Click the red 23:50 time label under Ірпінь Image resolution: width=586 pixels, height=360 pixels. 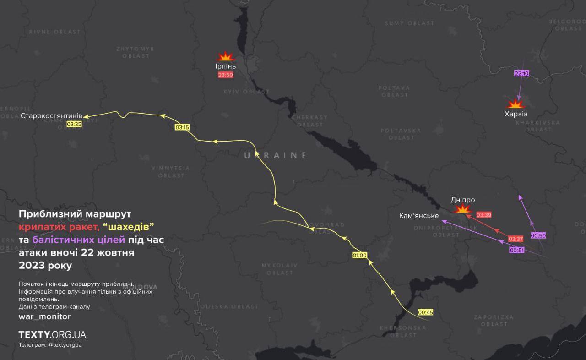point(225,75)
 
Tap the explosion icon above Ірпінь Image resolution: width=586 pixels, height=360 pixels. point(225,57)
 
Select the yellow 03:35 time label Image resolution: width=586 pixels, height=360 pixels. point(74,124)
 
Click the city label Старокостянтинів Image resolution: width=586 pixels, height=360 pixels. point(51,116)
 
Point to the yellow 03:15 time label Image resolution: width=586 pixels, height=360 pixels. point(182,127)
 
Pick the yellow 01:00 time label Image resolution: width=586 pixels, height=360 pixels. point(359,256)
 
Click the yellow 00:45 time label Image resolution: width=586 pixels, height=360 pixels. point(425,312)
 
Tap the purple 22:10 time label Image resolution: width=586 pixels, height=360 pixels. point(521,73)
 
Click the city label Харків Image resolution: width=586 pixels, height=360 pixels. point(516,114)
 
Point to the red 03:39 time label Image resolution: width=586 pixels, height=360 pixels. point(483,215)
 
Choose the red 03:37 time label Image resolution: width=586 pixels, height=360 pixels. point(515,239)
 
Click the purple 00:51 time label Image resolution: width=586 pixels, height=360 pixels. point(516,251)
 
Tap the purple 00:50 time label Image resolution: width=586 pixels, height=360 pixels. point(538,235)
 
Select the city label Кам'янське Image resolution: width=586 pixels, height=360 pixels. point(419,216)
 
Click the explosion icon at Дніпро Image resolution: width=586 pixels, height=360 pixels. point(463,209)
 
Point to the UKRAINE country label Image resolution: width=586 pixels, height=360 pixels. point(275,156)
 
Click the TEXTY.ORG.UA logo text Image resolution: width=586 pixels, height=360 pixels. point(52,334)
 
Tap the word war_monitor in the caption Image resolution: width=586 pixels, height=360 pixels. point(44,316)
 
